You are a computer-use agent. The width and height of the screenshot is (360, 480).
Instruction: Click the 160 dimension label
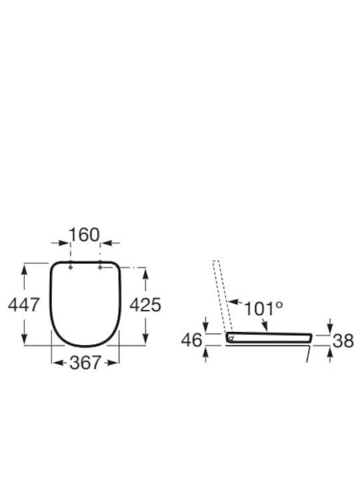click(84, 235)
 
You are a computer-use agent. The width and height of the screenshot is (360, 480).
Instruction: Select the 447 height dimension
click(23, 305)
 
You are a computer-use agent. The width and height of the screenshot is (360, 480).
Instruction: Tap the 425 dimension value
click(145, 305)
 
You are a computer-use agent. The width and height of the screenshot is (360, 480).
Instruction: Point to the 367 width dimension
click(85, 363)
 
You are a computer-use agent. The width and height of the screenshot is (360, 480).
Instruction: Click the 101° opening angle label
click(263, 309)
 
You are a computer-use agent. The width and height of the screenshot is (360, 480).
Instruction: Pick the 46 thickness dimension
click(191, 340)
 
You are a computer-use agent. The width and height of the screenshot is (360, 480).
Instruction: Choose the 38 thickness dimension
click(343, 341)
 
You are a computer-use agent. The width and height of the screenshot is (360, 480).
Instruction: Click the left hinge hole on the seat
click(71, 267)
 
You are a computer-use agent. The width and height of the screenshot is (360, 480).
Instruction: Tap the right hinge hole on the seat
click(100, 267)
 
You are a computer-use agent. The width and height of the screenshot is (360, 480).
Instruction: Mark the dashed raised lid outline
click(223, 297)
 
